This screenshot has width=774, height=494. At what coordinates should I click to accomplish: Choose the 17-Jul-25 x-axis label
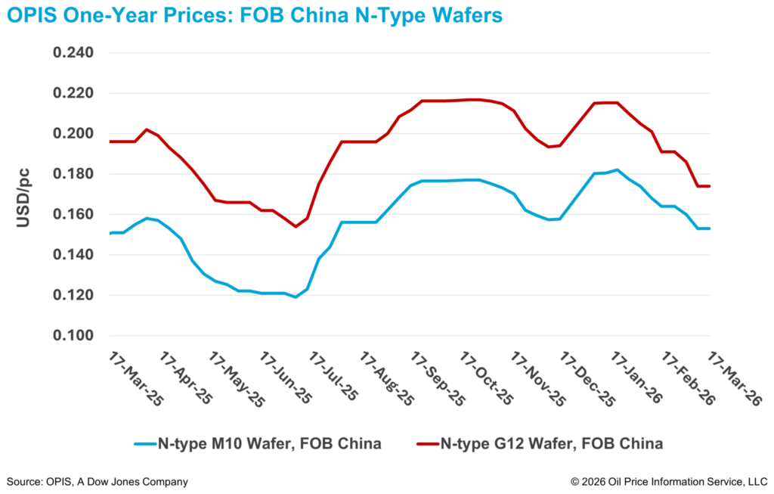pyautogui.click(x=333, y=379)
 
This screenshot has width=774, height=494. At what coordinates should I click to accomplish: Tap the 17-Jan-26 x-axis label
pyautogui.click(x=636, y=379)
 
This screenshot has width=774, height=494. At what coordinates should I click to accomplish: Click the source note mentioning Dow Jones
pyautogui.click(x=97, y=481)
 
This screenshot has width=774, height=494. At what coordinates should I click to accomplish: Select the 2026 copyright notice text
pyautogui.click(x=668, y=481)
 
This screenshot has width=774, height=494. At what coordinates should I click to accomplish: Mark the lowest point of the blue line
pyautogui.click(x=295, y=297)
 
